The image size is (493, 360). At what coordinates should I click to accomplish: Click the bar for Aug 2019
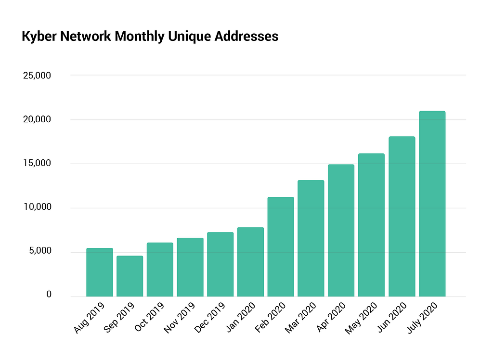(99, 272)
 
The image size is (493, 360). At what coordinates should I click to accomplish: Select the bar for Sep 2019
(130, 276)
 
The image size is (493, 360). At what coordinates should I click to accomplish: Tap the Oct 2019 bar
(160, 270)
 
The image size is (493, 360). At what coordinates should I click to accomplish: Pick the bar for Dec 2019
(220, 265)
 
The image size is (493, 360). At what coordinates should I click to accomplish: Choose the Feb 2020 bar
(281, 247)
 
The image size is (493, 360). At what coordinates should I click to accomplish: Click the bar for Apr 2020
(341, 231)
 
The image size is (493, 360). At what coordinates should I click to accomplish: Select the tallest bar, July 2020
(432, 204)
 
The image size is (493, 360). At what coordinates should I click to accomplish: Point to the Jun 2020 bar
(402, 217)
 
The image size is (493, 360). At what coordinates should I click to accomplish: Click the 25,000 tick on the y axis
(37, 76)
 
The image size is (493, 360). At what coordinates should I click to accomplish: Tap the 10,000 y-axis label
(37, 207)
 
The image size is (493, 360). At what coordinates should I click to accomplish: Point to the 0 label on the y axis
(49, 295)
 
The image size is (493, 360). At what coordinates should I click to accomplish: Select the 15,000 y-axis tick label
(37, 164)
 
